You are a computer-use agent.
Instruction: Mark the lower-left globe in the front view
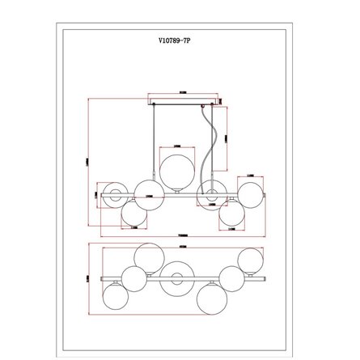click(133, 216)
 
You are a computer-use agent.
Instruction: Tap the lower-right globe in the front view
click(231, 214)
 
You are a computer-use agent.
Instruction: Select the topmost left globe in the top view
click(150, 256)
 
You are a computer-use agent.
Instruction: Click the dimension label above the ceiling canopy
click(184, 94)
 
